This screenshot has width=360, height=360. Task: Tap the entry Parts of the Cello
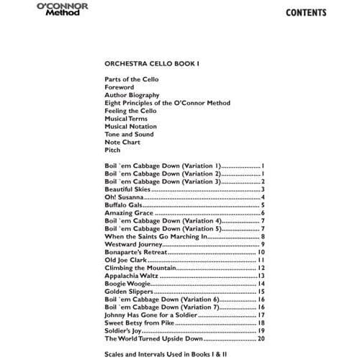click(x=131, y=79)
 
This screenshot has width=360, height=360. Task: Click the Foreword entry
click(x=119, y=87)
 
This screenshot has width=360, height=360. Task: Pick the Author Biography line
click(x=132, y=95)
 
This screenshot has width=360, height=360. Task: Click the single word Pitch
click(x=112, y=150)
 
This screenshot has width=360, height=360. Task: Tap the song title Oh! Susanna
click(x=124, y=197)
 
